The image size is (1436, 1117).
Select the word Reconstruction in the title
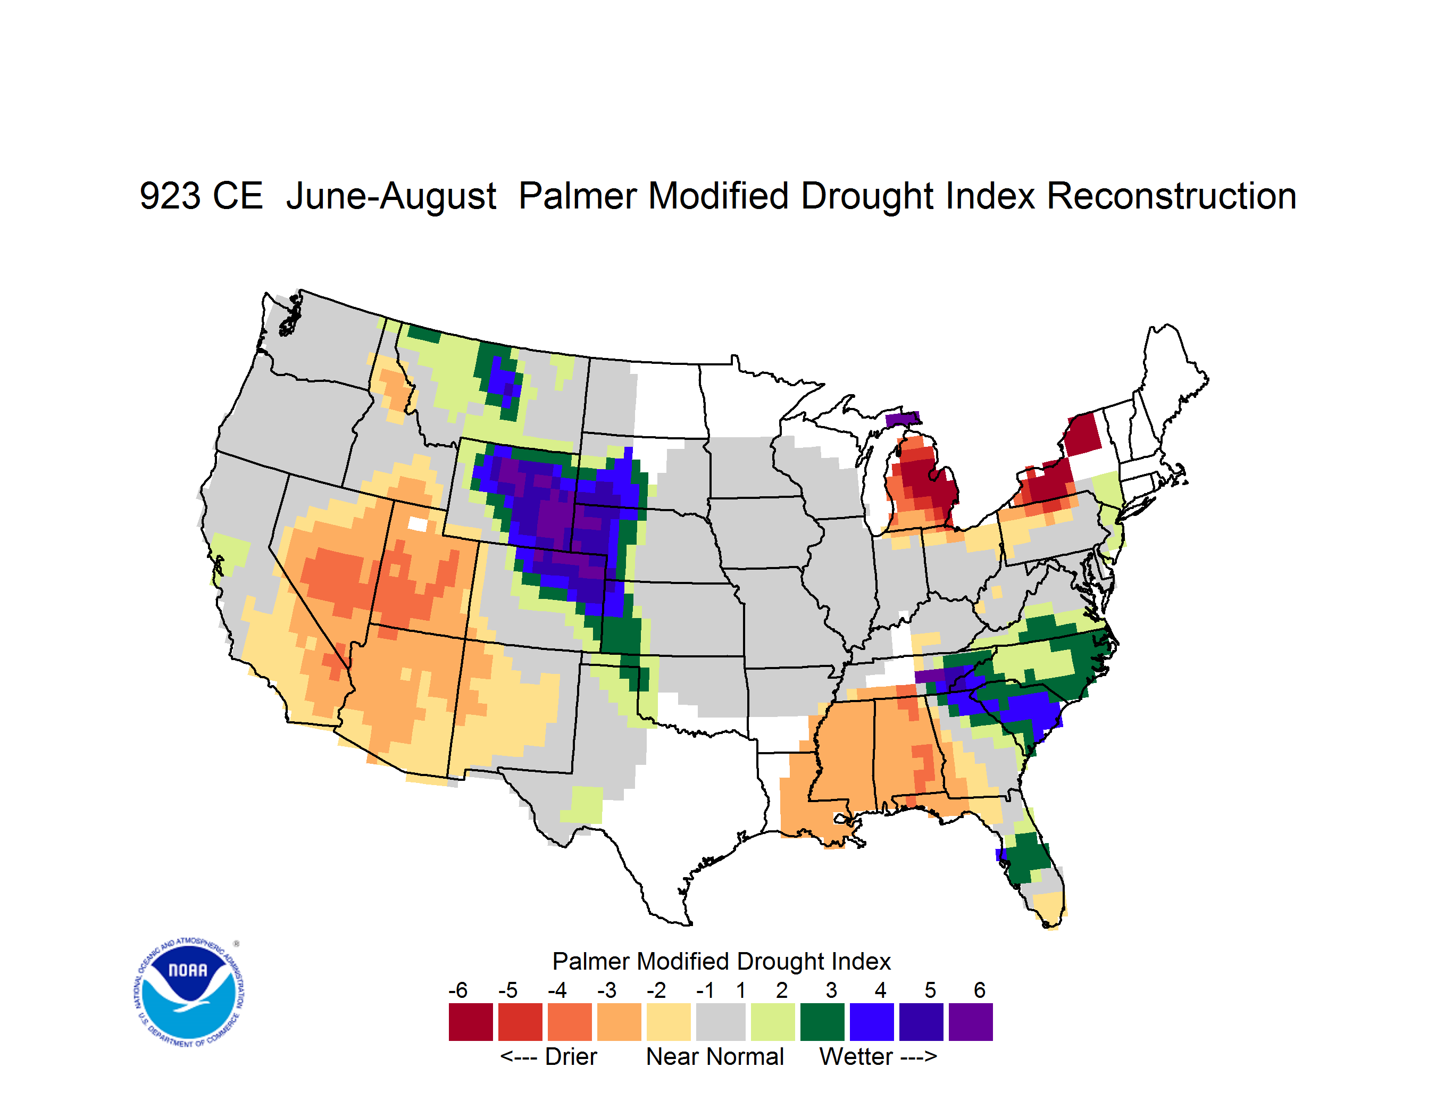point(1171,196)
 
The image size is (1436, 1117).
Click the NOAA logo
point(189,993)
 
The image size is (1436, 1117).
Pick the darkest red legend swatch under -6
point(471,1022)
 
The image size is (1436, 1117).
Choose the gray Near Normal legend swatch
point(721,1022)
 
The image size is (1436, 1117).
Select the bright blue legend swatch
point(872,1022)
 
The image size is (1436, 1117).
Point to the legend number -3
point(606,990)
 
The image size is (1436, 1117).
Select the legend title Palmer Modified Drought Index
point(721,961)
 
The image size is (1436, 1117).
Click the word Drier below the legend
point(571,1056)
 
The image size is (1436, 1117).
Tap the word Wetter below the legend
point(855,1056)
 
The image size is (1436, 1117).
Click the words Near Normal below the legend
point(715,1056)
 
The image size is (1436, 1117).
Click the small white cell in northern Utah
point(418,524)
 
